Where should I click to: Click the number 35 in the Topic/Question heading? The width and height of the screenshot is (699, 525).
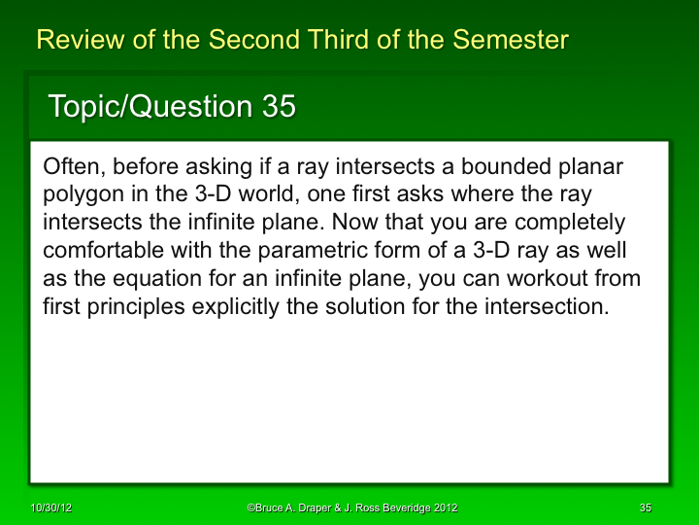[x=279, y=107]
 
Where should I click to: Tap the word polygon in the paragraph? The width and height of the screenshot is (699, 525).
[x=82, y=195]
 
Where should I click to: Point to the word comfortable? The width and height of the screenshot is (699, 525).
[x=103, y=252]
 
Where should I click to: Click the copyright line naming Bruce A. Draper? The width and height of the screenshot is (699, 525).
[x=351, y=508]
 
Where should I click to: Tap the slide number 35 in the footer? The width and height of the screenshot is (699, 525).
[x=646, y=508]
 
